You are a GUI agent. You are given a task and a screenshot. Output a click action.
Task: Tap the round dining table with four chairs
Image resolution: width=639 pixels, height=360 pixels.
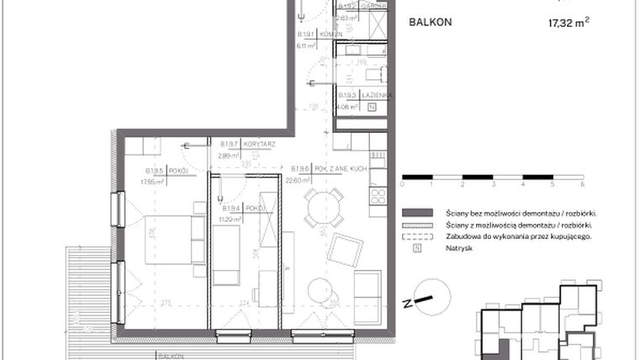pos(324,208)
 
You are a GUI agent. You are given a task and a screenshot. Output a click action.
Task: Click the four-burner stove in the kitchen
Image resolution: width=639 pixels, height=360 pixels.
pos(376,197)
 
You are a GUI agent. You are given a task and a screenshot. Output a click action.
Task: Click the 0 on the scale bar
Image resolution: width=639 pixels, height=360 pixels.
pos(403,183)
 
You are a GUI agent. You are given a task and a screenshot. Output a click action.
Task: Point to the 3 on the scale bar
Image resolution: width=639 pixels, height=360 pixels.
pos(493,183)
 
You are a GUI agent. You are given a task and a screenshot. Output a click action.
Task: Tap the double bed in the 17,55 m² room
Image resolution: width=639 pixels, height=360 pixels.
pos(174,239)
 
